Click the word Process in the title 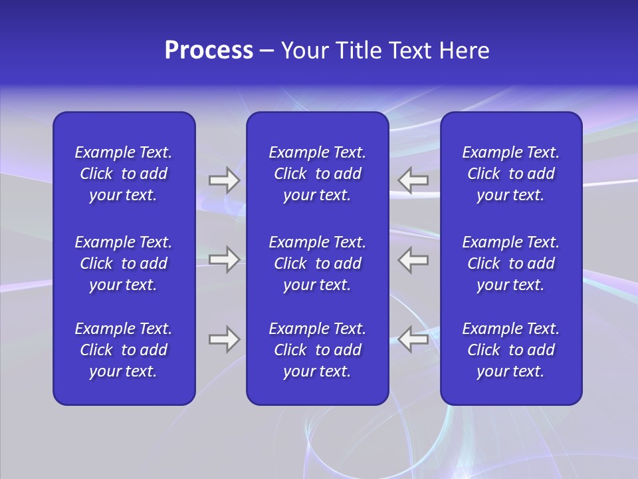[x=209, y=51]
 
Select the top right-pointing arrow [x=224, y=180]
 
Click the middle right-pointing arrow [x=224, y=259]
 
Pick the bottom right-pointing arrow [x=224, y=339]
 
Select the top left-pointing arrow [x=413, y=180]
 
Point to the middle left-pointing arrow [x=413, y=259]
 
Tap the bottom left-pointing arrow [x=413, y=339]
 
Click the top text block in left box [x=124, y=174]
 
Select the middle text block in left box [x=124, y=263]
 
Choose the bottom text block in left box [x=124, y=350]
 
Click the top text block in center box [x=317, y=174]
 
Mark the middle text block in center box [x=317, y=263]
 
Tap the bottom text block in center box [x=317, y=350]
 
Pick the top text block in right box [x=510, y=174]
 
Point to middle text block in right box [x=510, y=263]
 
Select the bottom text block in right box [x=510, y=350]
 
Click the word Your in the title [x=304, y=51]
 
